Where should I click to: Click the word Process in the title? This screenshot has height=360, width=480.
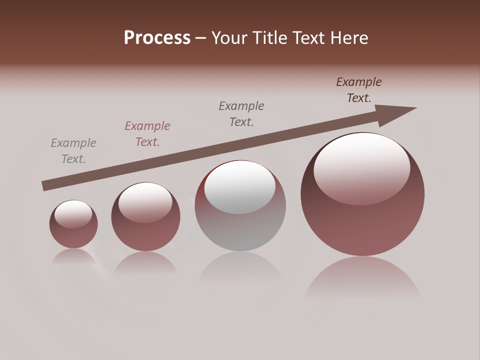pyautogui.click(x=157, y=38)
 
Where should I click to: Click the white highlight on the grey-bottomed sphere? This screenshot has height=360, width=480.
pyautogui.click(x=240, y=186)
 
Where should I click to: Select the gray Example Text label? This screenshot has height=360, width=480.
pyautogui.click(x=73, y=151)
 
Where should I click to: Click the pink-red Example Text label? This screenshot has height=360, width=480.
pyautogui.click(x=147, y=134)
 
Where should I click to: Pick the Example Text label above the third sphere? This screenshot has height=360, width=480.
pyautogui.click(x=241, y=114)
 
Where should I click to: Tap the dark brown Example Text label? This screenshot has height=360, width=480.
pyautogui.click(x=359, y=90)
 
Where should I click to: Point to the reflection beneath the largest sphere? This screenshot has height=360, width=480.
pyautogui.click(x=362, y=277)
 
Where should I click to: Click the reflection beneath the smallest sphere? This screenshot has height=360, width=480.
pyautogui.click(x=73, y=256)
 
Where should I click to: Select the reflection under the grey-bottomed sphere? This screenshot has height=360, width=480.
pyautogui.click(x=240, y=270)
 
